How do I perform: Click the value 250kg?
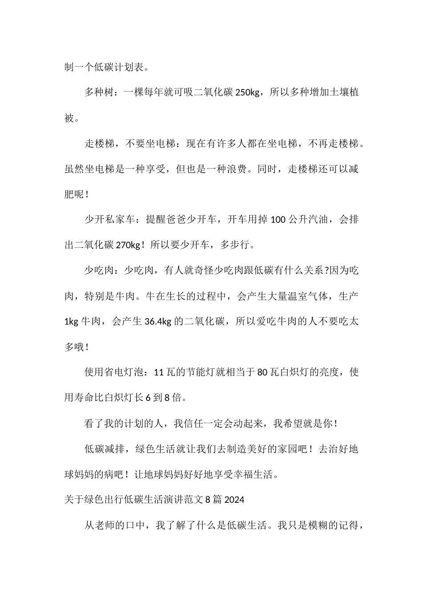click(x=247, y=93)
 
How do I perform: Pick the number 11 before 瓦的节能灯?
click(x=159, y=372)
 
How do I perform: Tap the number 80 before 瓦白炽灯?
click(x=262, y=372)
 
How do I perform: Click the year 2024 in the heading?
click(x=234, y=500)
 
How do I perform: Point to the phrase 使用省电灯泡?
click(x=114, y=372)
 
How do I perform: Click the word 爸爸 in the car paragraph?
click(x=186, y=220)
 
